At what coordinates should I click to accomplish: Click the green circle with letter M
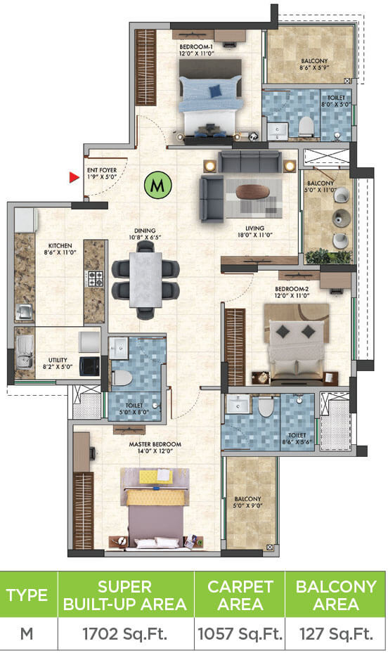158,186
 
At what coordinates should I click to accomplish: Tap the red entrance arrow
73,178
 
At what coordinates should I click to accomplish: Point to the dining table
145,278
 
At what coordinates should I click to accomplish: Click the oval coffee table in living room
251,191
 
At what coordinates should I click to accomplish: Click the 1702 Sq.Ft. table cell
125,634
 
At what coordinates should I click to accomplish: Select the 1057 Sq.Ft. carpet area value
239,634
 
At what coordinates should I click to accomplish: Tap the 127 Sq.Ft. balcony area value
336,634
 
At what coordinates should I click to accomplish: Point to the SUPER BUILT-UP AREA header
125,595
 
